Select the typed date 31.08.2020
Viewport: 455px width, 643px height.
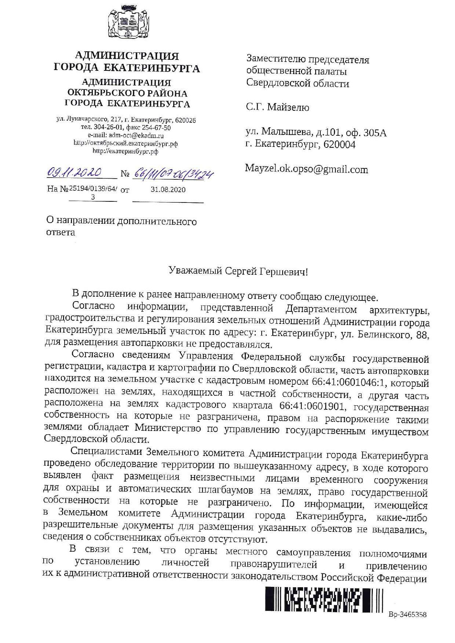(168, 190)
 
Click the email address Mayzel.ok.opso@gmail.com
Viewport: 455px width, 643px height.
(306, 169)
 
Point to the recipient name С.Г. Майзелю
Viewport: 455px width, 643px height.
(277, 107)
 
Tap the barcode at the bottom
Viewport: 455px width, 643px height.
(324, 599)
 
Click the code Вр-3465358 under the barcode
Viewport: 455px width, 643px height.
(407, 614)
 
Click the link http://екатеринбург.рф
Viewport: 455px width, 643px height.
(125, 151)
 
